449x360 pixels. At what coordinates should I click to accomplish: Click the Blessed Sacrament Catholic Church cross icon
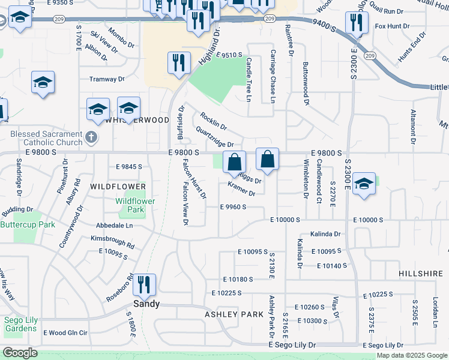click(x=90, y=137)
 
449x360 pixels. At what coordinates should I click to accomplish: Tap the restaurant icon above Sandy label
click(x=143, y=284)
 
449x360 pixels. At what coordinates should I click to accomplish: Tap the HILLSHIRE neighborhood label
click(x=420, y=273)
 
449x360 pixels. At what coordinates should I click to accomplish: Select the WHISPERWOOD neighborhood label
click(x=137, y=120)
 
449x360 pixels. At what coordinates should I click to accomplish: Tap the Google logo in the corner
click(x=19, y=353)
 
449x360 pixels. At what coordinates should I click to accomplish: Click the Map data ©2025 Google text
click(x=412, y=355)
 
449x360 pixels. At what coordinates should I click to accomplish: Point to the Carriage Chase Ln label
click(x=272, y=76)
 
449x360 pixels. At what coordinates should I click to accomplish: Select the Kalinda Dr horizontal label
click(x=326, y=234)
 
